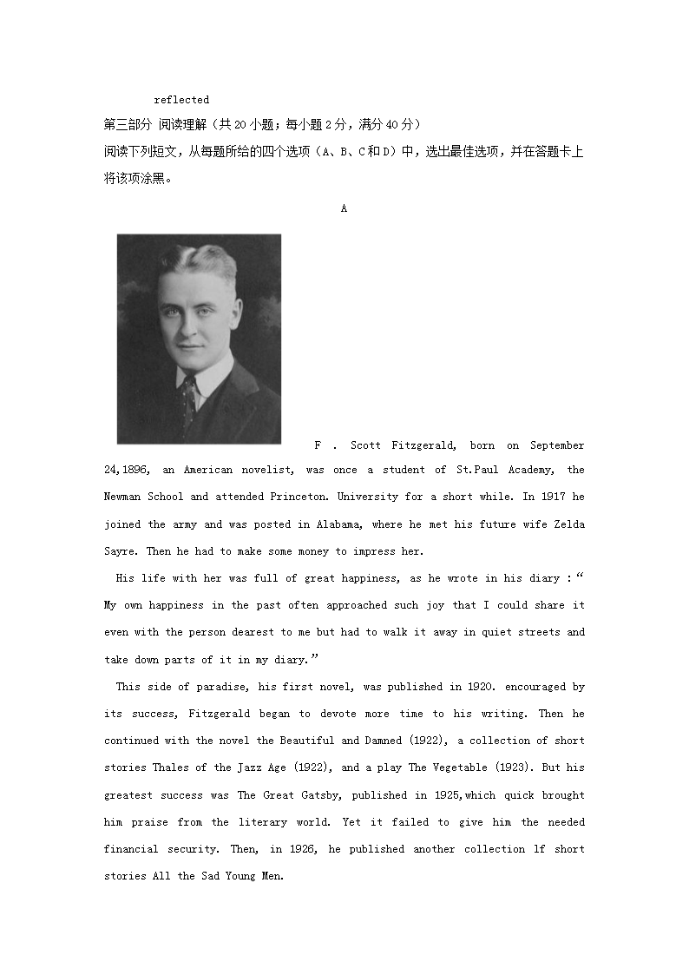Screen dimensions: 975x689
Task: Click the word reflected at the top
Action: coord(181,100)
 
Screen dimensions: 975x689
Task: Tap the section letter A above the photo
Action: coord(344,208)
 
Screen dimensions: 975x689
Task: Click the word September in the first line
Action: coord(557,445)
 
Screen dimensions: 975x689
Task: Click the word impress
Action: coord(374,551)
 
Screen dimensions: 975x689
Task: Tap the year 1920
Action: coord(480,687)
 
